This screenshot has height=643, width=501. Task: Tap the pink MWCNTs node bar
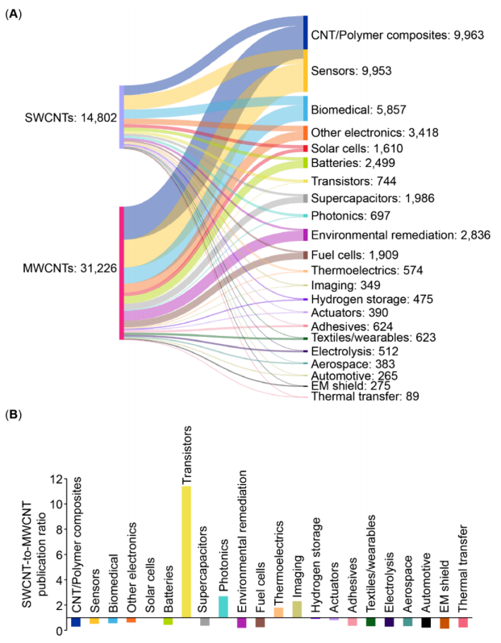point(121,272)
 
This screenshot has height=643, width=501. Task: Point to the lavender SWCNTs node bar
point(121,117)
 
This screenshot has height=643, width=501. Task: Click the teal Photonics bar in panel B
point(223,607)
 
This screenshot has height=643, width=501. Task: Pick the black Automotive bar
point(427,622)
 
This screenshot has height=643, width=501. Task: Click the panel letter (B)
point(14,415)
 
